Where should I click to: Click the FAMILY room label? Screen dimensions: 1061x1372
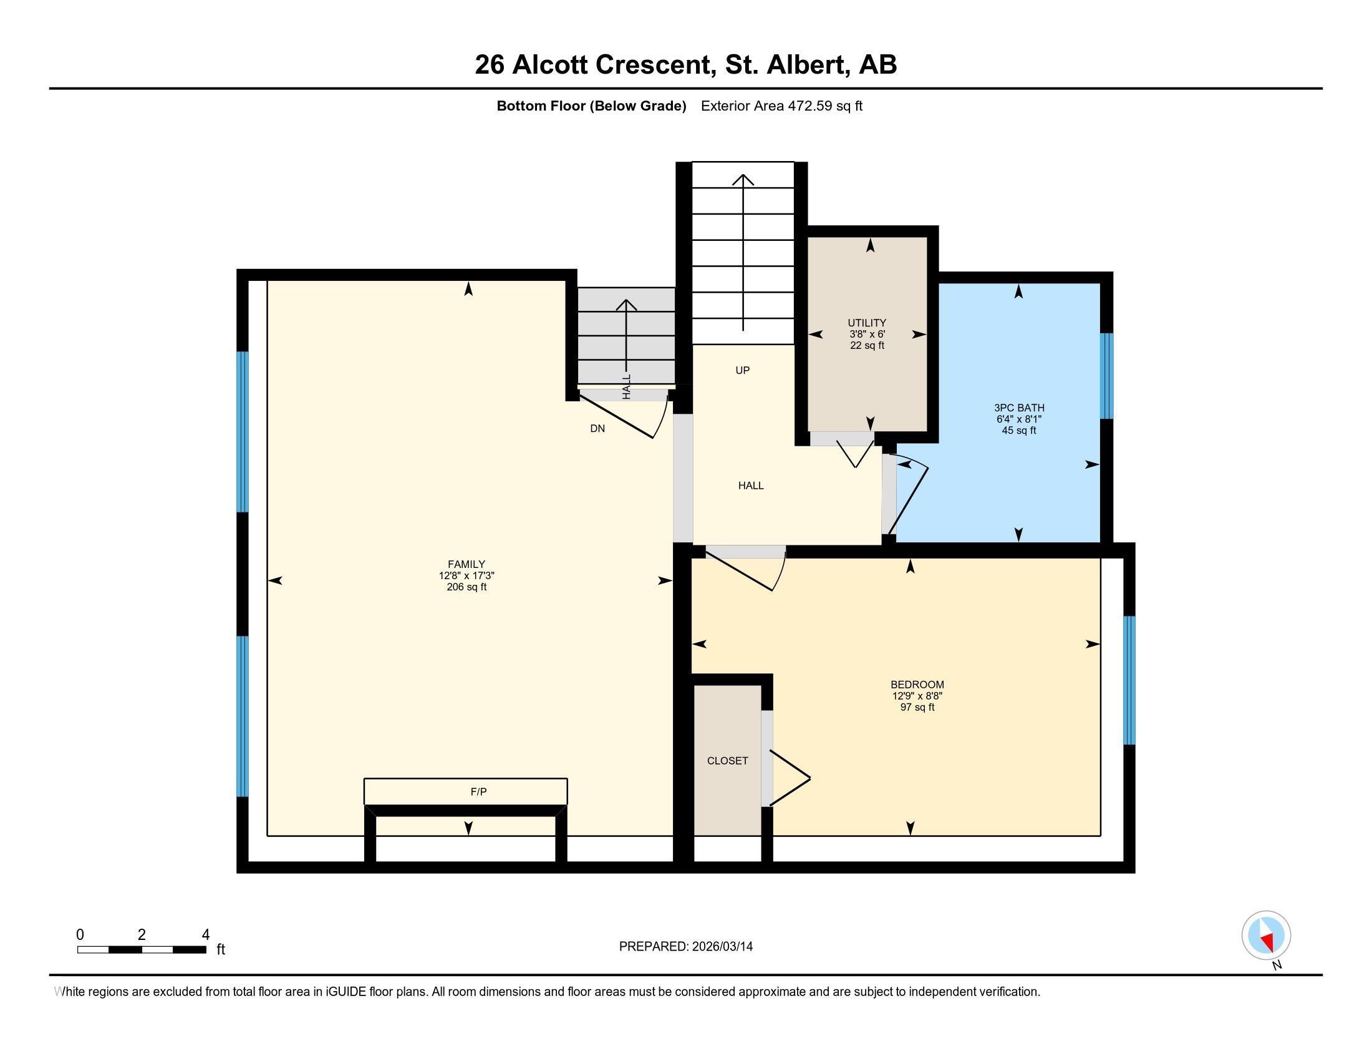click(x=466, y=564)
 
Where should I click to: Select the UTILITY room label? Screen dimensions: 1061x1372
click(x=867, y=323)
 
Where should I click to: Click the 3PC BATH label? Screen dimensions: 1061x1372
click(x=1019, y=408)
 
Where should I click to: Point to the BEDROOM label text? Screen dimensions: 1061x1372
click(x=917, y=685)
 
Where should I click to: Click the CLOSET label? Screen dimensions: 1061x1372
click(x=727, y=761)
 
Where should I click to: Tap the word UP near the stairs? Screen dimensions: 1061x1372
click(x=743, y=370)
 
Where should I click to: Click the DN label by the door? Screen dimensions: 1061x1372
click(x=597, y=429)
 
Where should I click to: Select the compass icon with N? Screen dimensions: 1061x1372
click(x=1266, y=936)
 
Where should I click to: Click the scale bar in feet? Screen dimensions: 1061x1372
click(x=142, y=949)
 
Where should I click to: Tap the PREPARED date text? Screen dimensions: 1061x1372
click(x=685, y=947)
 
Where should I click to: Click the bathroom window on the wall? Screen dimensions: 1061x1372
click(x=1106, y=376)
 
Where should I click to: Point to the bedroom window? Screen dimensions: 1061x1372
click(x=1129, y=680)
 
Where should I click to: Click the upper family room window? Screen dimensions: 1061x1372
click(x=243, y=432)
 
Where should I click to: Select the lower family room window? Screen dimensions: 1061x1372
click(x=243, y=716)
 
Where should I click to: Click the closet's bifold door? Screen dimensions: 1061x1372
click(x=790, y=778)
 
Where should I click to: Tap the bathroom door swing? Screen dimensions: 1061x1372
click(x=910, y=497)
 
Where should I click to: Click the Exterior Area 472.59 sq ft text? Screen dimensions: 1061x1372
click(x=781, y=106)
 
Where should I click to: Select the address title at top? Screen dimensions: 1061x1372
click(x=685, y=65)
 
